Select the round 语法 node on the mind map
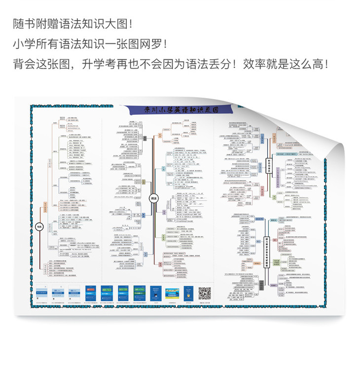(153, 198)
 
